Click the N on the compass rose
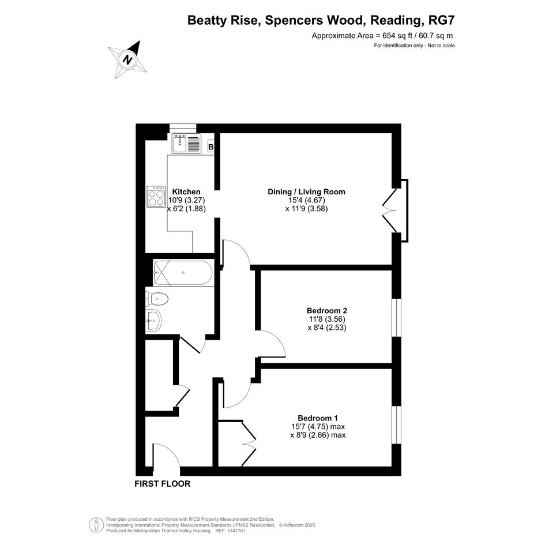[x=128, y=59]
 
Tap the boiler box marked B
[x=211, y=147]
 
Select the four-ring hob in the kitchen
[x=156, y=197]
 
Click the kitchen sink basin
[x=180, y=144]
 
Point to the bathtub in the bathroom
[x=183, y=273]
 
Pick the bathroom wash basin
[x=153, y=320]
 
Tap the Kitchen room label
[x=186, y=192]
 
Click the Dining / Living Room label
[x=307, y=192]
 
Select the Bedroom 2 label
[x=327, y=310]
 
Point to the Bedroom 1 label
[x=318, y=418]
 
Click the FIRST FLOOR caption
[x=163, y=483]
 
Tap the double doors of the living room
[x=390, y=211]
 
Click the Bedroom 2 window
[x=397, y=317]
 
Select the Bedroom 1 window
[x=397, y=424]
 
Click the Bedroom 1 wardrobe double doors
[x=248, y=443]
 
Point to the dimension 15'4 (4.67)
[x=307, y=200]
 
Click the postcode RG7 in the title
[x=441, y=20]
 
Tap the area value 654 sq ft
[x=398, y=35]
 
